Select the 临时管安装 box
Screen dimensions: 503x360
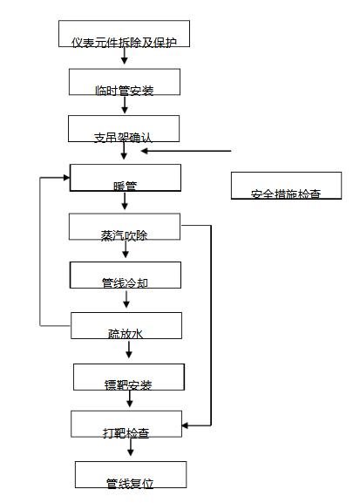click(x=125, y=82)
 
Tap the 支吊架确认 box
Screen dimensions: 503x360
click(x=124, y=129)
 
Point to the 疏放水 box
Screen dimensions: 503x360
click(x=126, y=325)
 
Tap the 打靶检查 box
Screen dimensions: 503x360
click(x=126, y=425)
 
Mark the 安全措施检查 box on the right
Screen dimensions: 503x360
click(x=284, y=186)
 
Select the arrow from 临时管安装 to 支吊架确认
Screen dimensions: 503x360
click(x=125, y=105)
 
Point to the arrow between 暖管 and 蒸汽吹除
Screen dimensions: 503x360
click(x=125, y=202)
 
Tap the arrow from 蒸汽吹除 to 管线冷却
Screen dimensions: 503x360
click(x=126, y=251)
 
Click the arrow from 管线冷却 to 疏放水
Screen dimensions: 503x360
click(x=127, y=300)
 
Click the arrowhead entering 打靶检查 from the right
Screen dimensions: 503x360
click(x=186, y=425)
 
